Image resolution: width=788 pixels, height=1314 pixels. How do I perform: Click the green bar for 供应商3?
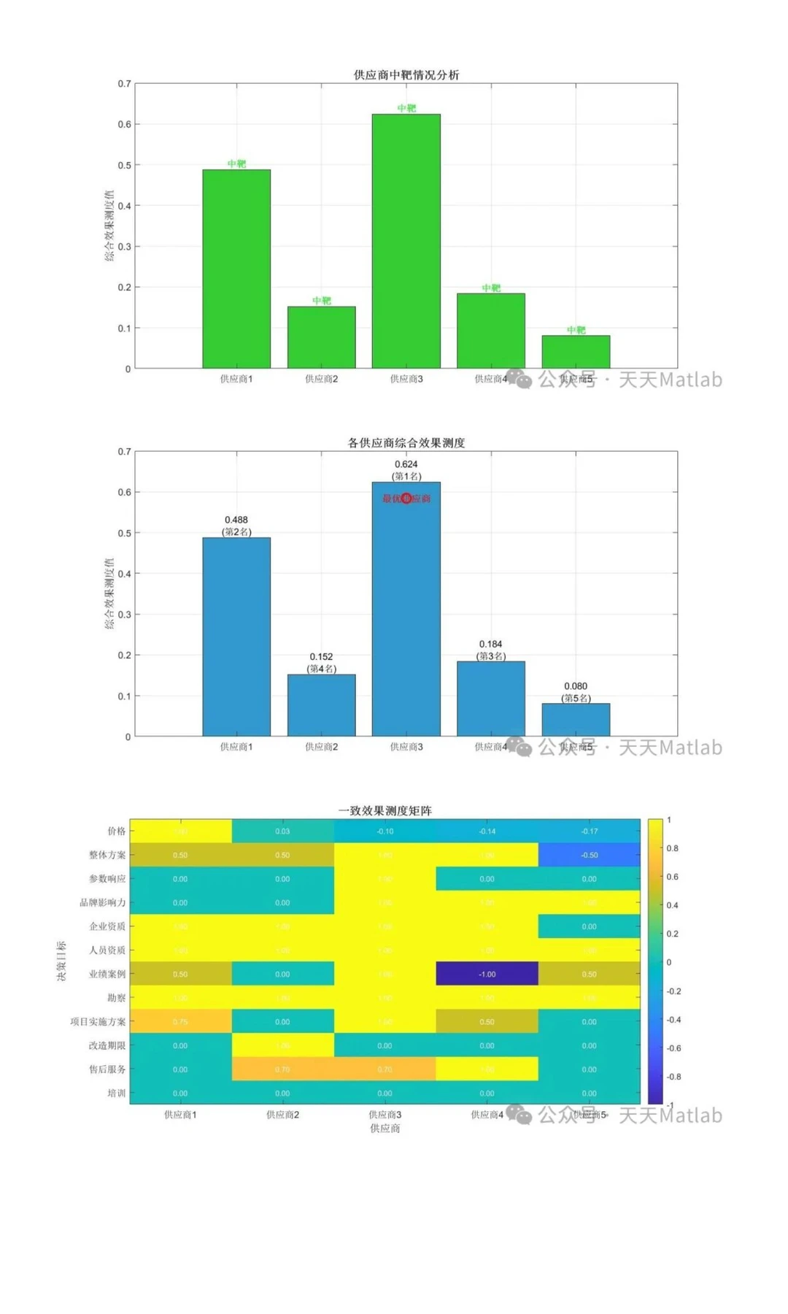click(x=406, y=241)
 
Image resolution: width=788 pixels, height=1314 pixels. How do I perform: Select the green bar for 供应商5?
click(x=576, y=352)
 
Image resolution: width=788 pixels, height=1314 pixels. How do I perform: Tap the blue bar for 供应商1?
click(x=236, y=637)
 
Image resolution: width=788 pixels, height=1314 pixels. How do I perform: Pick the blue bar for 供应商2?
click(x=321, y=705)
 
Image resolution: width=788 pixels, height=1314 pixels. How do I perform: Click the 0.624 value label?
click(x=406, y=464)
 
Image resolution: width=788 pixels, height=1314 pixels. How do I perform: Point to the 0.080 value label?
click(x=576, y=686)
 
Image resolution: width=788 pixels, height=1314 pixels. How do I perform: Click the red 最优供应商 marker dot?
click(x=406, y=499)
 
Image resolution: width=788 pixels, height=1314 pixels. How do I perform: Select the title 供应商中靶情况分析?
click(x=406, y=74)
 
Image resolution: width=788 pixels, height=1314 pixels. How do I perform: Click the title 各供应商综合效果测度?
click(x=406, y=442)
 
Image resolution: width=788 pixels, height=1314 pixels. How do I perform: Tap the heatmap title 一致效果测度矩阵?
click(x=385, y=810)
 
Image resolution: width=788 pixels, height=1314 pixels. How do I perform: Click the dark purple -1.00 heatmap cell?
click(x=487, y=974)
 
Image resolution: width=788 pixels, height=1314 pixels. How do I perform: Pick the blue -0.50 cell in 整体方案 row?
click(x=589, y=855)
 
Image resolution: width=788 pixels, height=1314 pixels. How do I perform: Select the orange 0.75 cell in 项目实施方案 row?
click(x=180, y=1021)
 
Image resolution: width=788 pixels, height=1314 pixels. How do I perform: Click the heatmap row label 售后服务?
click(x=107, y=1069)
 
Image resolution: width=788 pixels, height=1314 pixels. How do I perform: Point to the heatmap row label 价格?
click(x=117, y=831)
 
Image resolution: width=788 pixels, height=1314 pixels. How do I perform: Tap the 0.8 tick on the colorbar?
click(x=673, y=848)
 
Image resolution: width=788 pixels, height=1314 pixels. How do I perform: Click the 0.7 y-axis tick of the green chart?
click(x=125, y=84)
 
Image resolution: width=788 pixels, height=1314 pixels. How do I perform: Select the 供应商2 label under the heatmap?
click(x=282, y=1115)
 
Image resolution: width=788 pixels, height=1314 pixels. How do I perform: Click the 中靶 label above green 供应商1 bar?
click(x=236, y=164)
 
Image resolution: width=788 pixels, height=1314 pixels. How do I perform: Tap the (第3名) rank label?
click(x=491, y=656)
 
